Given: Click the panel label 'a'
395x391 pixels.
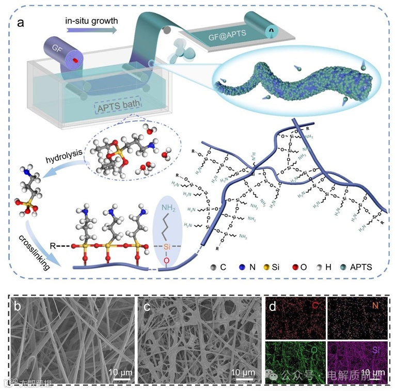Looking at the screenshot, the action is point(21,23).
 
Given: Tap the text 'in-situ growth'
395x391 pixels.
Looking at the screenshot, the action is point(91,21).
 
